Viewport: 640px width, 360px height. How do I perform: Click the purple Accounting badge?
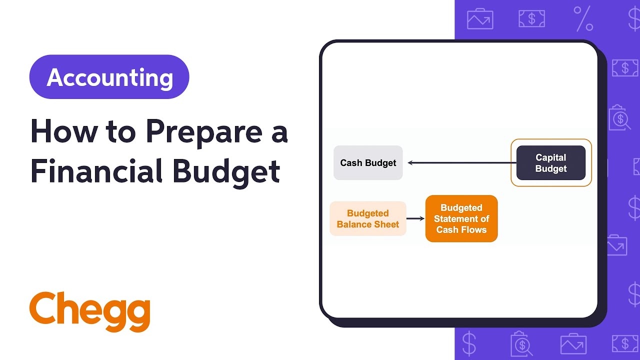pos(109,77)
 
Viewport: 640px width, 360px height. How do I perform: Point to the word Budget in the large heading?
pos(226,171)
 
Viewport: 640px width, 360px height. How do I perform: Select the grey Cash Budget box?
pos(368,163)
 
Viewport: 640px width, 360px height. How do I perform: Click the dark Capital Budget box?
pos(550,163)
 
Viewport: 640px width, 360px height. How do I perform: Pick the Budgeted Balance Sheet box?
pos(368,219)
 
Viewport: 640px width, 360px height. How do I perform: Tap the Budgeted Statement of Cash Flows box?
pos(461,219)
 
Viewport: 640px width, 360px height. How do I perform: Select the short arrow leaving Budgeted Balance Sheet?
pos(415,218)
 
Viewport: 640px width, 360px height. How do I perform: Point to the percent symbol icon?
pos(583,18)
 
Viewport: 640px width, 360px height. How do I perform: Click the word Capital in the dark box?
pos(550,157)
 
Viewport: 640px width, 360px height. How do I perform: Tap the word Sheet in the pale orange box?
pos(388,224)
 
